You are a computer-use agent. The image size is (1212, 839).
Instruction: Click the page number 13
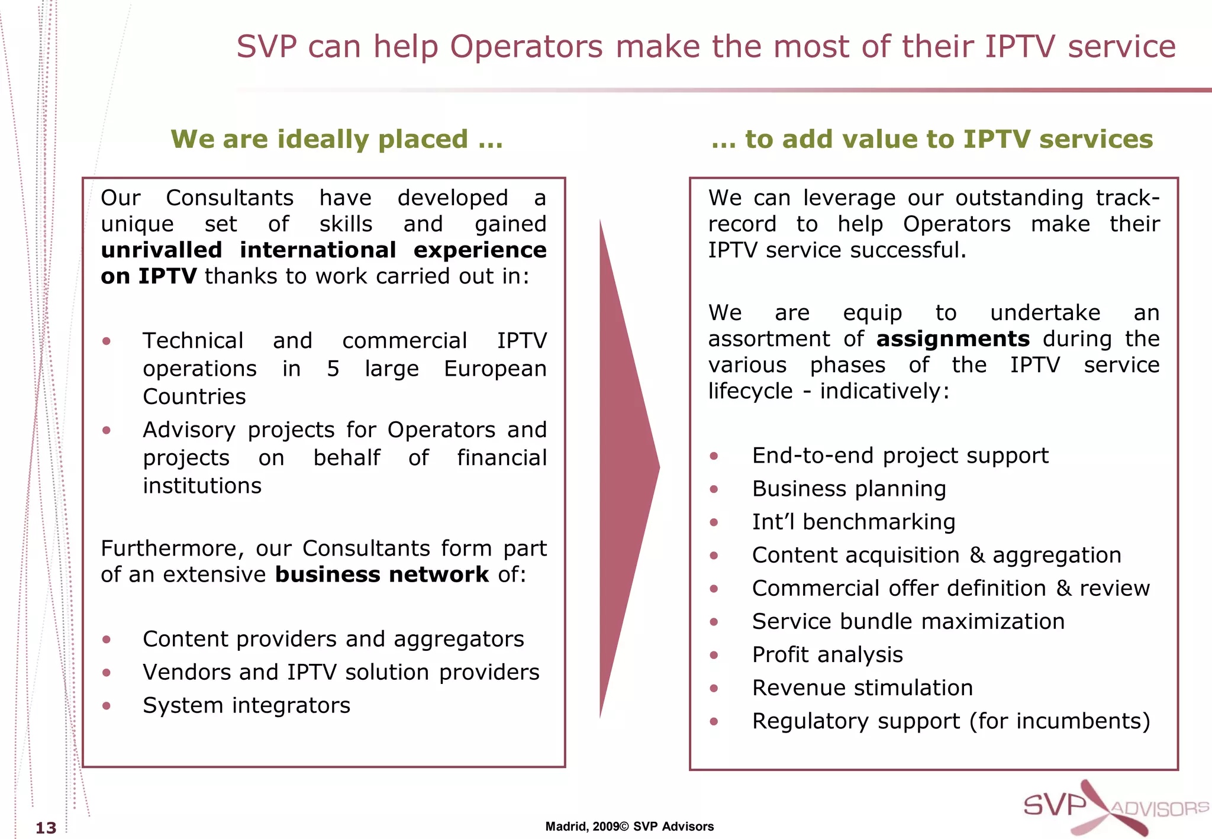coord(46,827)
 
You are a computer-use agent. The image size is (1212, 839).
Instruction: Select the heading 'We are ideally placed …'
coord(337,140)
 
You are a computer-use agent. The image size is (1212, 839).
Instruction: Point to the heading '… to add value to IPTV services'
coord(932,140)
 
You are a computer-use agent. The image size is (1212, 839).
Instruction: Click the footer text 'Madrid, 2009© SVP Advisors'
coord(629,827)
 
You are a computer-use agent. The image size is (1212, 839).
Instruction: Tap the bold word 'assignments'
coord(953,339)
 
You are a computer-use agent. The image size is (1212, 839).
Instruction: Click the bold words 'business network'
coord(382,575)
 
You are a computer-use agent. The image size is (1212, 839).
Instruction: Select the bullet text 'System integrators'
coord(246,705)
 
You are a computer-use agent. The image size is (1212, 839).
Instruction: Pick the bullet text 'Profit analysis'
coord(827,654)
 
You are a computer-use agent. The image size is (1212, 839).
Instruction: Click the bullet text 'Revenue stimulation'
coord(862,688)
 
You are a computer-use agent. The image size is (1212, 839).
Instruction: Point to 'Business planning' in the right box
coord(849,489)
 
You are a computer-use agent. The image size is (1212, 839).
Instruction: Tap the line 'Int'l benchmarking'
coord(853,522)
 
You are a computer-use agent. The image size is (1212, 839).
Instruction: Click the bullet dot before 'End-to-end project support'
coord(714,456)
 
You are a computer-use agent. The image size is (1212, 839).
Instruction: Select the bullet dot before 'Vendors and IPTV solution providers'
coord(107,673)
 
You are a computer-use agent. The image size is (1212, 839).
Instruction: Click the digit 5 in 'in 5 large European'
coord(333,369)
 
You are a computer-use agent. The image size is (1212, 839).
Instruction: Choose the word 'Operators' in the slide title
coord(526,47)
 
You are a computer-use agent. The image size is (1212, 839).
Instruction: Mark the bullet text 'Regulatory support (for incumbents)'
coord(951,721)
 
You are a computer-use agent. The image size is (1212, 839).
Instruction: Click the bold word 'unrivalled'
coord(162,250)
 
